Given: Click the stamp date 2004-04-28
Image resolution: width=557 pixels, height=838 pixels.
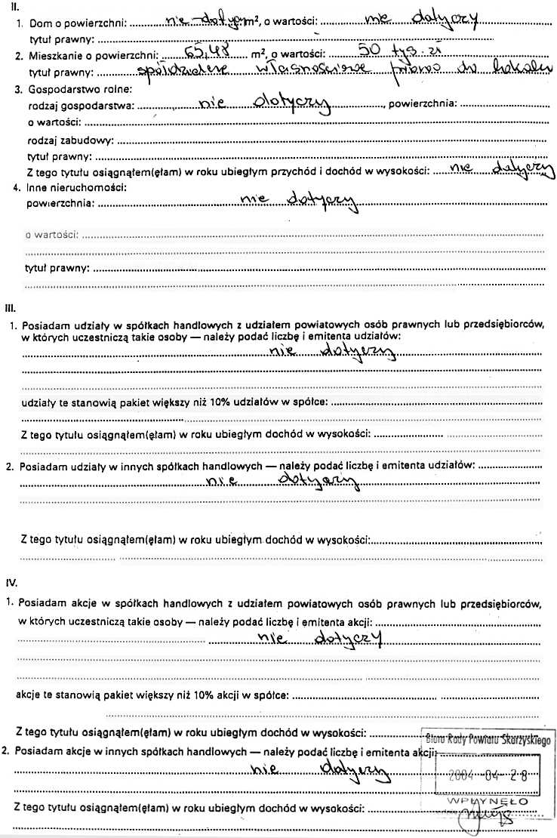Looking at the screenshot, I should pos(486,775).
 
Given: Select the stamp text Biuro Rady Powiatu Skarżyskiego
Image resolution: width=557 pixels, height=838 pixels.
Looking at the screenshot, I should pos(488,739).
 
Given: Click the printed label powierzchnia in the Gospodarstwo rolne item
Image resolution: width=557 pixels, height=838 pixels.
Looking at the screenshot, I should pos(422,106).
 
